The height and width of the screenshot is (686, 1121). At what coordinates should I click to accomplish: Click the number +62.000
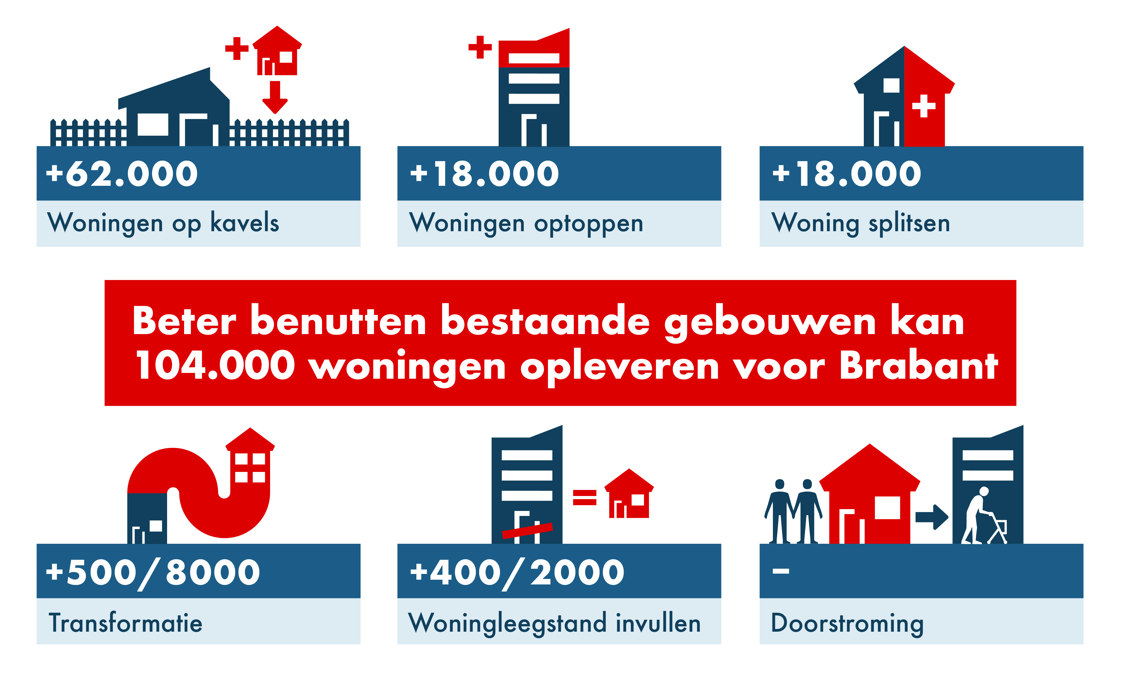122,174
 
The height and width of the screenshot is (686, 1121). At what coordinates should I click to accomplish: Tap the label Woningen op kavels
163,223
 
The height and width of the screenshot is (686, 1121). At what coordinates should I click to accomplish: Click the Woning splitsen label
861,223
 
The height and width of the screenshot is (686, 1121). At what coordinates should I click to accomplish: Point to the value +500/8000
153,573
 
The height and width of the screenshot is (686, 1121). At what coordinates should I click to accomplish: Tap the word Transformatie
126,623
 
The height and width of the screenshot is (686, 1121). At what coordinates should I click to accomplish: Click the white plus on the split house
923,106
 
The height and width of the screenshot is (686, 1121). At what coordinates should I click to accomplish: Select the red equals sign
585,497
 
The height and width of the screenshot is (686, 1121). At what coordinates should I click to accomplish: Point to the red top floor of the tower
534,48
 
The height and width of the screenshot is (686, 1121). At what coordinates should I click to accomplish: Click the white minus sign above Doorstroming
781,571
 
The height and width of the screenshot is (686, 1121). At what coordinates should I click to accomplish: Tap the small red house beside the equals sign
629,494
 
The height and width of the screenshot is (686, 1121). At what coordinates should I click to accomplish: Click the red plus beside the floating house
237,48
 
